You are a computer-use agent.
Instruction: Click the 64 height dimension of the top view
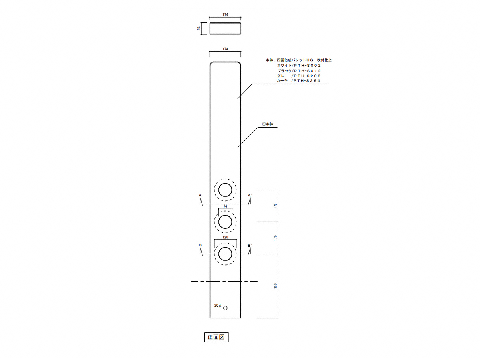199,28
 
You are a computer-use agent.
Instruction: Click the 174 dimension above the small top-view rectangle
225,15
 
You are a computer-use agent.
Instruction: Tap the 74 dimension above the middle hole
225,206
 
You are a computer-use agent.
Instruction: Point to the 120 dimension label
225,237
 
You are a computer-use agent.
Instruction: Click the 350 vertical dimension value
275,286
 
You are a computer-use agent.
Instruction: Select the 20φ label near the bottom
218,305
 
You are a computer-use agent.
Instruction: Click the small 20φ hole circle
225,308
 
